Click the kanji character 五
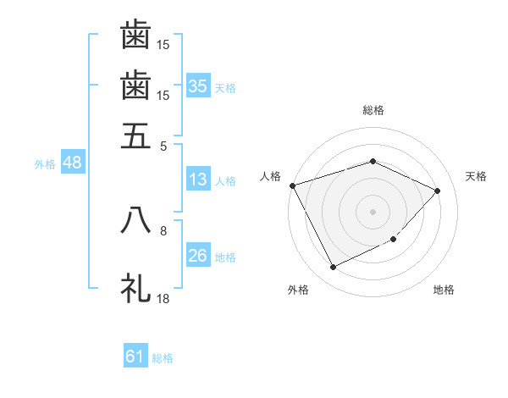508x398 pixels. tap(136, 135)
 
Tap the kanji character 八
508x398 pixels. tap(136, 221)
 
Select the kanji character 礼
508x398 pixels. tap(136, 288)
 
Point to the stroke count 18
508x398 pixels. tap(163, 298)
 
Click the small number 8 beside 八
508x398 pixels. tap(163, 230)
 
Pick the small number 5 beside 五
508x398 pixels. tap(163, 145)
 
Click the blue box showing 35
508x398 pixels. tap(197, 86)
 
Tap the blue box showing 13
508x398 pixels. tap(197, 180)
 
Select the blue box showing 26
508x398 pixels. tap(197, 256)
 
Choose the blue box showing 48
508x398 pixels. tap(72, 163)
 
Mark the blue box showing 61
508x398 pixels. tap(135, 357)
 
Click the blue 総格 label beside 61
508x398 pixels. tap(163, 358)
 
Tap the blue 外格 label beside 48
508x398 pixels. tap(45, 164)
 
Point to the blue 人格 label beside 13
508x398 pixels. tap(225, 180)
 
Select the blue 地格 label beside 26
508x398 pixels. tap(225, 257)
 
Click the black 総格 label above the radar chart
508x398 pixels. tap(373, 110)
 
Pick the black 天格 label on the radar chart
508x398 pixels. tap(476, 176)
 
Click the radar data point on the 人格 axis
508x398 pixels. tap(292, 185)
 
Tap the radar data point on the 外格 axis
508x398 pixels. tap(333, 268)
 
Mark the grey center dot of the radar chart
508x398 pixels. tap(373, 211)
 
